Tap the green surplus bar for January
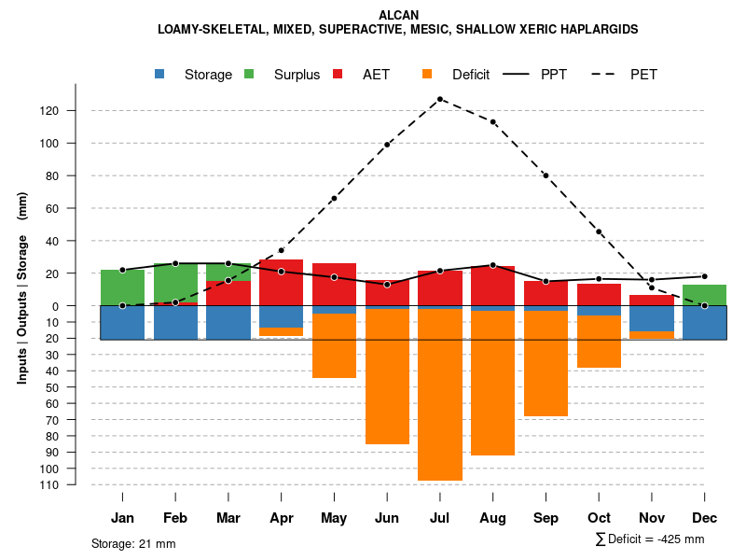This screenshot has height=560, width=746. coord(122,287)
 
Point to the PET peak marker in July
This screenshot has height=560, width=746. coord(439,99)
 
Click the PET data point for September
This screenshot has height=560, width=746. coord(546,175)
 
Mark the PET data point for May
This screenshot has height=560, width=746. coord(334,199)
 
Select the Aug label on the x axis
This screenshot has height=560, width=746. coord(492,518)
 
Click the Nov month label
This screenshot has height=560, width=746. coord(651,518)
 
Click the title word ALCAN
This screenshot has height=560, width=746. coord(399,15)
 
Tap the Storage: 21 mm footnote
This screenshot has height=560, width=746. coord(133,543)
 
